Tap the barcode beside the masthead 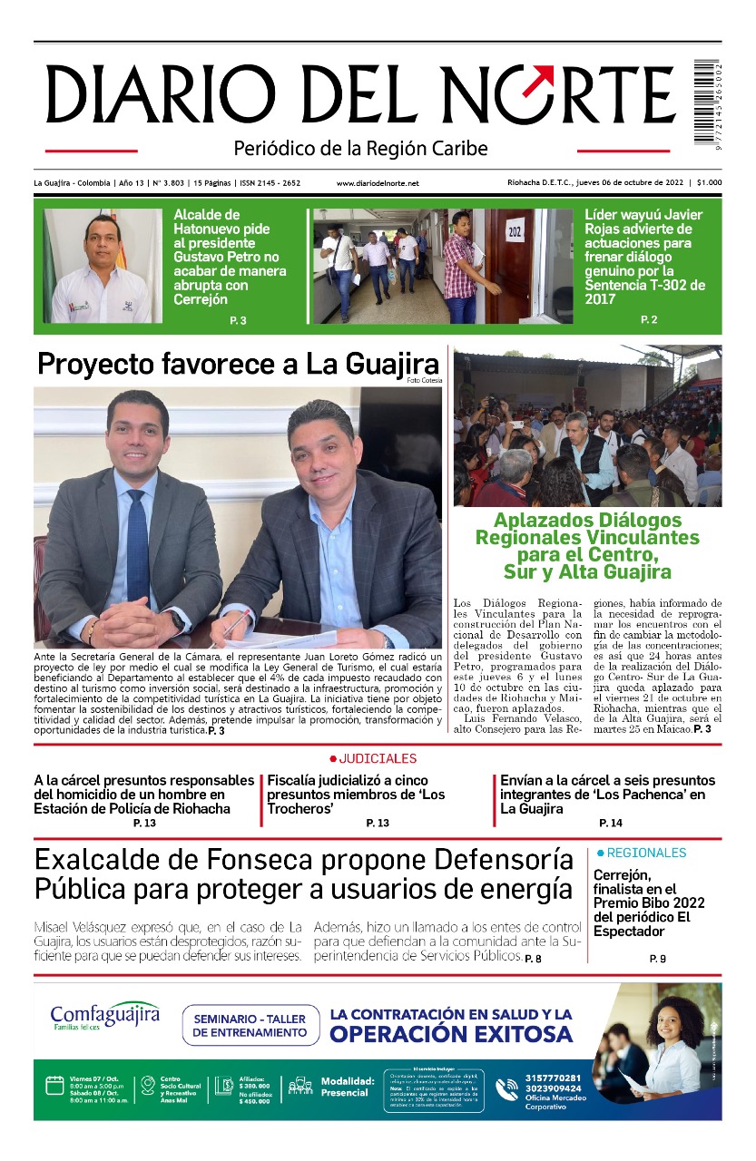(707, 100)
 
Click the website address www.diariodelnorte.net (378, 183)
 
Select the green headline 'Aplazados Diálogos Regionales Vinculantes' (587, 546)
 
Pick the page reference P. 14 (610, 823)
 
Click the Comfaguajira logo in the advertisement (104, 1015)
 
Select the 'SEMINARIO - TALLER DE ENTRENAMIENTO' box (250, 1025)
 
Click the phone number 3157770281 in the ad (553, 1078)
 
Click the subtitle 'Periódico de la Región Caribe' (360, 148)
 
